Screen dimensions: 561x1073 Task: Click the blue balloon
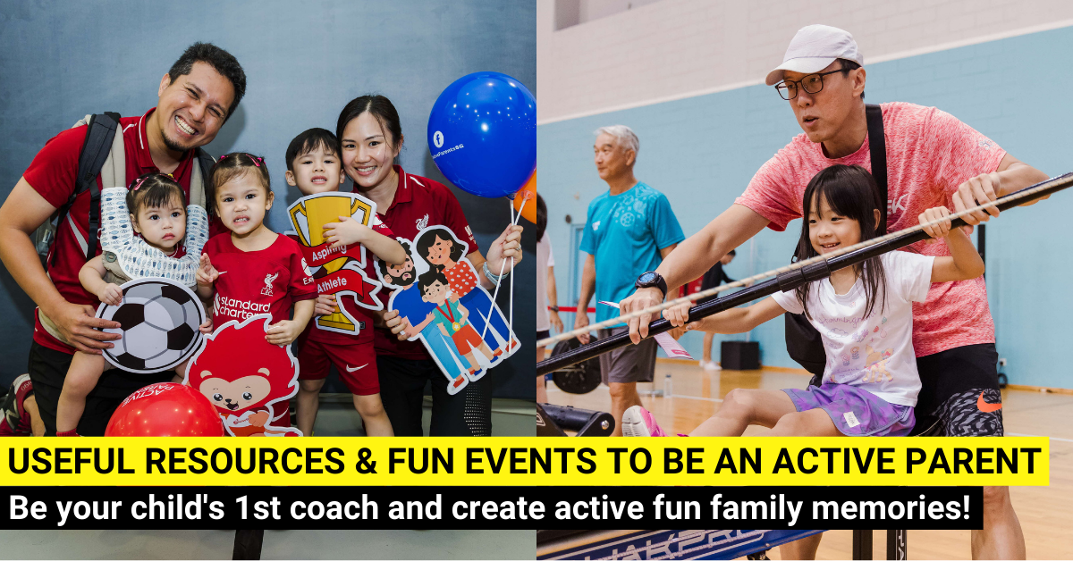[x=480, y=134]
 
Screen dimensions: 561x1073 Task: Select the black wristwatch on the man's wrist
[x=651, y=283]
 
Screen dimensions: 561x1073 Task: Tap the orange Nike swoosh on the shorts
[x=989, y=402]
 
